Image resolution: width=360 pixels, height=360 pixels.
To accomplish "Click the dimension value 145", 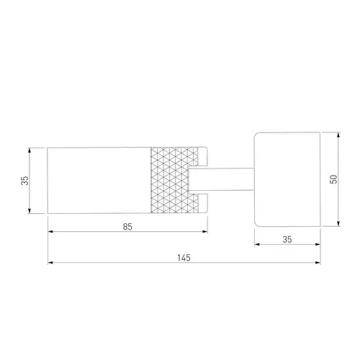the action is (x=184, y=258).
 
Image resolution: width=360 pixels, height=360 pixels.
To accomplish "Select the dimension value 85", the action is (x=127, y=227).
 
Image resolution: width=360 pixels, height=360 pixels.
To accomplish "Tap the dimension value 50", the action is (x=333, y=179).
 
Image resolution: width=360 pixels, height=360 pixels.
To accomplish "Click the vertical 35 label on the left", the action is (x=24, y=181).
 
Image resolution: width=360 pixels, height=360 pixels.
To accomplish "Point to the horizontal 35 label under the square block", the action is (x=287, y=240).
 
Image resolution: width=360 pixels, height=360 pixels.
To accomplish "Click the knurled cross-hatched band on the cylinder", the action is (x=175, y=180).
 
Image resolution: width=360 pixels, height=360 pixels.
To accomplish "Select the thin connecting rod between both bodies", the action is (x=221, y=179).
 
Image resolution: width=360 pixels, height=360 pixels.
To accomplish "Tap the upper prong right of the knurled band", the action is (x=203, y=156).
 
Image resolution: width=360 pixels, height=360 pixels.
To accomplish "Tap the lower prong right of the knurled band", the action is (x=203, y=203).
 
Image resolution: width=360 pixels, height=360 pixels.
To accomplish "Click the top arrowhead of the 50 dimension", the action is (x=338, y=135).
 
